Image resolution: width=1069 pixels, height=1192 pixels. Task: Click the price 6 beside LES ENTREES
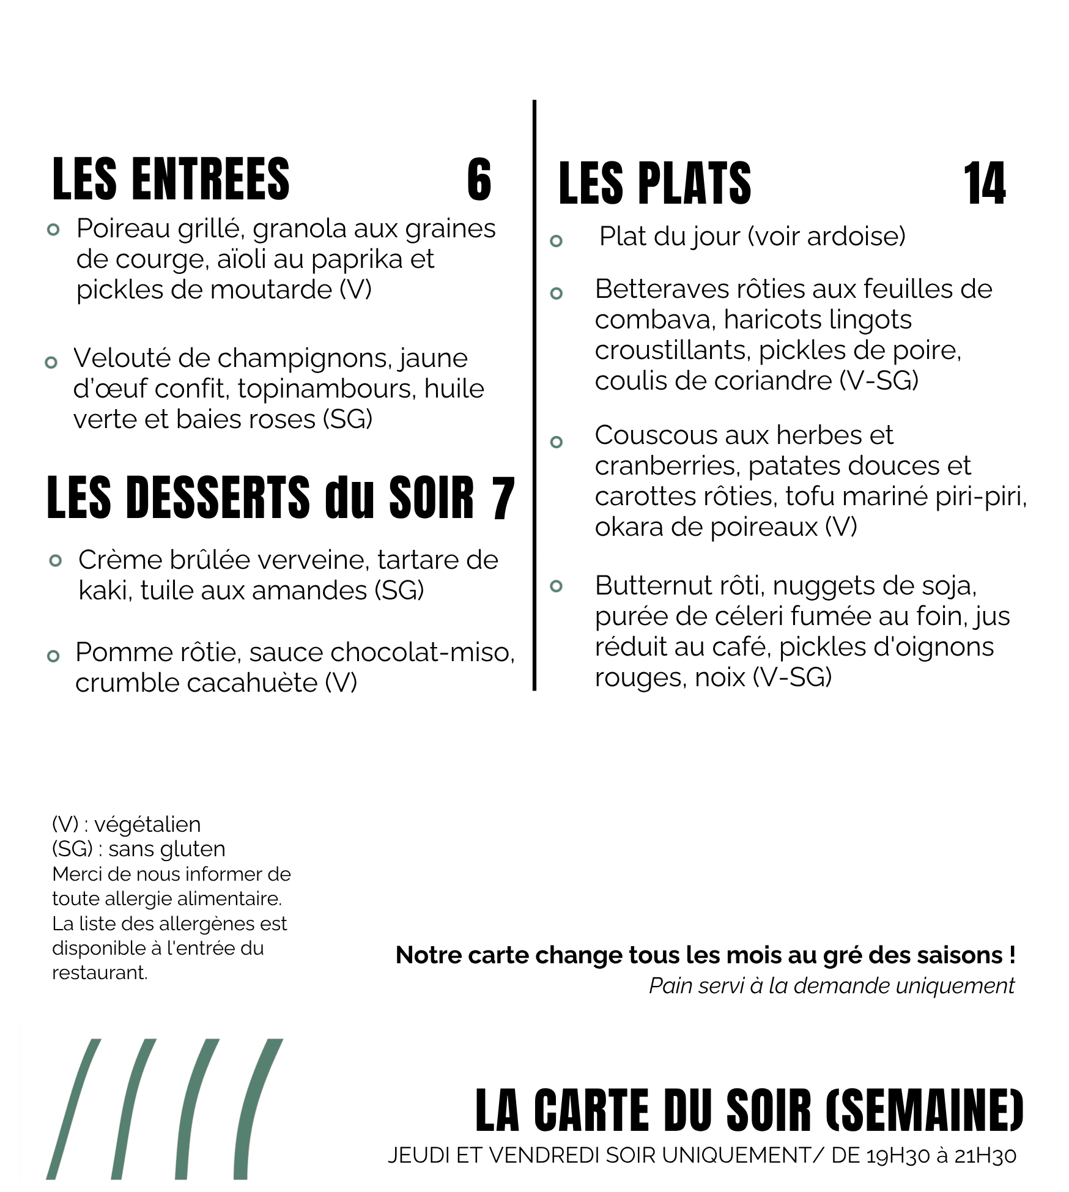point(479,180)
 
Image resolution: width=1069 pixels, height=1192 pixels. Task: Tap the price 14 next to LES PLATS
point(984,183)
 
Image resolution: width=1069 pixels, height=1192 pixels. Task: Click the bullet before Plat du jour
point(556,241)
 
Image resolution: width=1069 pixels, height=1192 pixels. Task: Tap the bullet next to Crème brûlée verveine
point(56,560)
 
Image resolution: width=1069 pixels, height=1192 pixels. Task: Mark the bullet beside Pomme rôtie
point(53,656)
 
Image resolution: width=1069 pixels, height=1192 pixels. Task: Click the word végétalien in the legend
point(147,825)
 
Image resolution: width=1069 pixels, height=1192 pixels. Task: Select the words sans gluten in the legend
point(167,850)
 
